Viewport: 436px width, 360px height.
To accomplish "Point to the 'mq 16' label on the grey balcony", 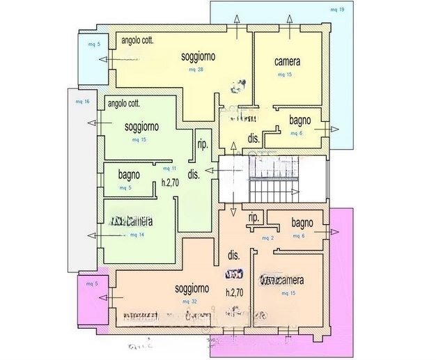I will coord(81,101).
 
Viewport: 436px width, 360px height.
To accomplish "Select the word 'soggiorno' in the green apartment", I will coord(141,127).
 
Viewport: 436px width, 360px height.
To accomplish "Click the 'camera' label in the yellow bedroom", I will coord(288,61).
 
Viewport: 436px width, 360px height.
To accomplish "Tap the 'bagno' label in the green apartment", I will coord(130,175).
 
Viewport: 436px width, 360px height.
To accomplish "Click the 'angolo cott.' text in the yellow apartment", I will coord(137,40).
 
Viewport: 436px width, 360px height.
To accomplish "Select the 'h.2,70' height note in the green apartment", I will coord(171,183).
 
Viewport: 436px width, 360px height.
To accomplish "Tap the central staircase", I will coord(274,180).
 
